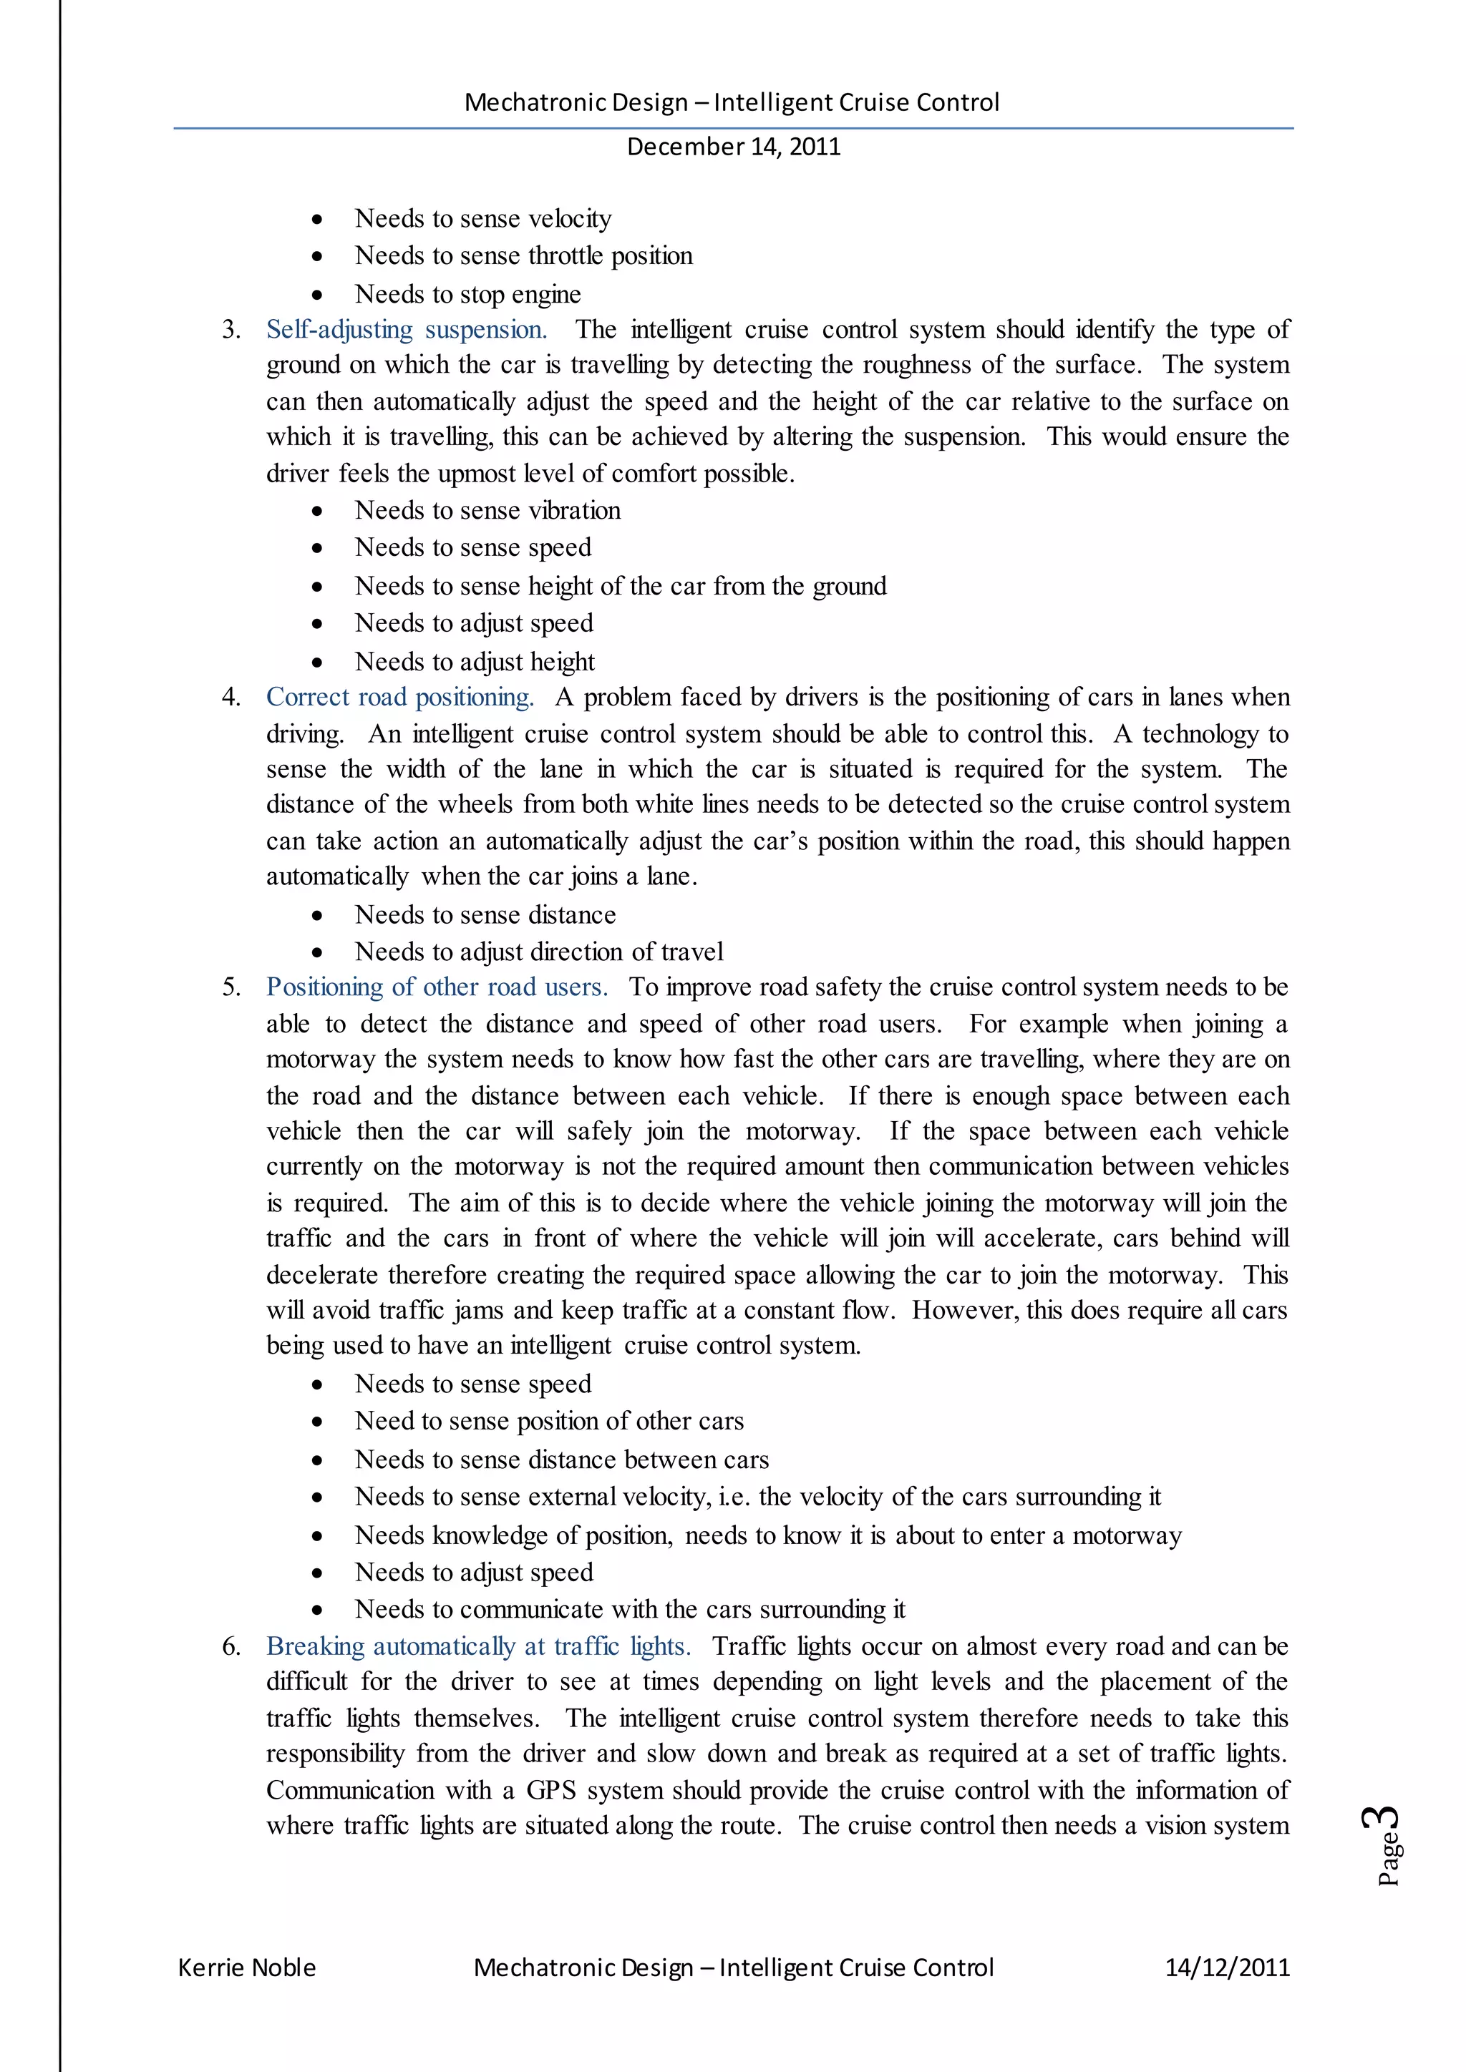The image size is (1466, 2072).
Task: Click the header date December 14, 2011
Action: (733, 147)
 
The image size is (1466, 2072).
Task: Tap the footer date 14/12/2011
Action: (1227, 1968)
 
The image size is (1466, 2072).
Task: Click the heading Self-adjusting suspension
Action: (406, 329)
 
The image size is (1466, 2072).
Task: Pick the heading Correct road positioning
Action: (400, 698)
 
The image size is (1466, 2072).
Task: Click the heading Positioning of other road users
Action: (437, 987)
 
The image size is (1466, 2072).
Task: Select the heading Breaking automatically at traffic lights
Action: (478, 1647)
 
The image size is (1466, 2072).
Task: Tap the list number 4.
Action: (230, 698)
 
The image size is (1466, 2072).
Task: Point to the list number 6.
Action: (230, 1647)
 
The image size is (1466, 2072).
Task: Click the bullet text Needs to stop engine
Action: (467, 295)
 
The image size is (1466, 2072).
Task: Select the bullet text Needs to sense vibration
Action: (487, 511)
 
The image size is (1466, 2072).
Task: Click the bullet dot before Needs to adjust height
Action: (317, 663)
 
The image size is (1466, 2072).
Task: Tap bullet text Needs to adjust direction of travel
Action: (539, 952)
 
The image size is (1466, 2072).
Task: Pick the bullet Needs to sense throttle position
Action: (523, 256)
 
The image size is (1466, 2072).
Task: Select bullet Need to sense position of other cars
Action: (549, 1422)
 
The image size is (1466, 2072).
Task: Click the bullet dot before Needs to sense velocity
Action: (317, 220)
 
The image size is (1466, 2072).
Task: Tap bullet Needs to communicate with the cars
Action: (629, 1610)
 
